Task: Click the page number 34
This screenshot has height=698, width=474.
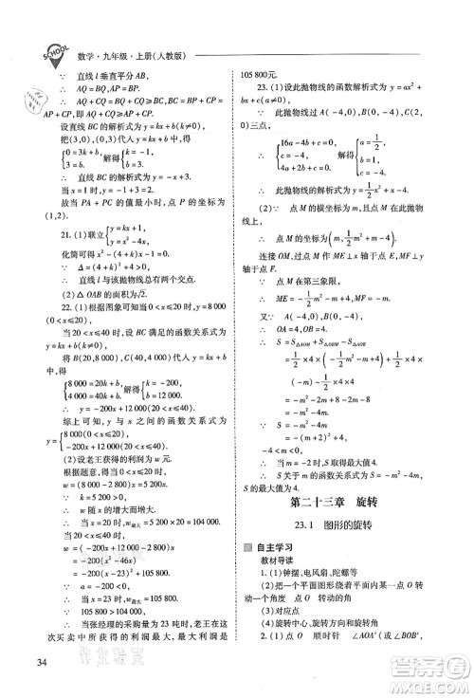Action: pyautogui.click(x=38, y=661)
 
